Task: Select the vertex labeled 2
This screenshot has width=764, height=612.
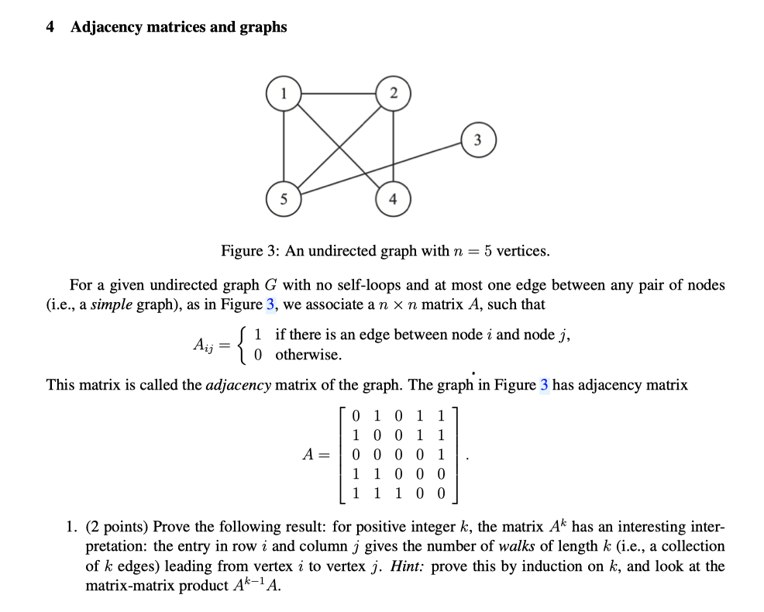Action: (x=393, y=94)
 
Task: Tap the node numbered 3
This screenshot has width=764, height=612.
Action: (x=478, y=140)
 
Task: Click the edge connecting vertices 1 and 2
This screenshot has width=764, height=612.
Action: (x=339, y=94)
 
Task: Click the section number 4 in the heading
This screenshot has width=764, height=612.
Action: (x=50, y=27)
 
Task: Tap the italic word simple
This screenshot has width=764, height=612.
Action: (x=112, y=304)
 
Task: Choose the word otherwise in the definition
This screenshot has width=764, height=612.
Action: (x=308, y=355)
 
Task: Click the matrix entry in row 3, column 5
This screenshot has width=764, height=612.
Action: (x=441, y=456)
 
